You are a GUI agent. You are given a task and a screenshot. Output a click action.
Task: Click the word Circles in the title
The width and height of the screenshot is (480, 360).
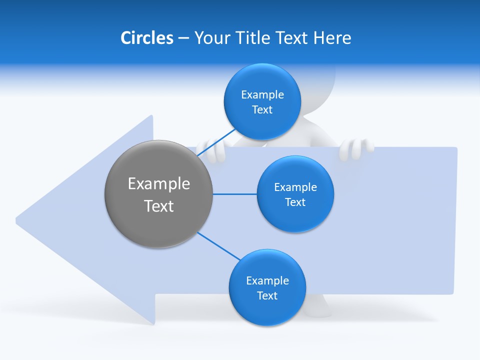146,38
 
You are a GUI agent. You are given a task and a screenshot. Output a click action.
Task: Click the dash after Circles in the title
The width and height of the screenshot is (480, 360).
183,38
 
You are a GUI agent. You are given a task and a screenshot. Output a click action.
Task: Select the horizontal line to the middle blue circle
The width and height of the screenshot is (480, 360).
234,194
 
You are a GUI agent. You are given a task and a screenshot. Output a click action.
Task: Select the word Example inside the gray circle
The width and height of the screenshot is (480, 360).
158,183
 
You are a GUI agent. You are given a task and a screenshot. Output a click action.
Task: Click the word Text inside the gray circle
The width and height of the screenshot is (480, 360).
158,206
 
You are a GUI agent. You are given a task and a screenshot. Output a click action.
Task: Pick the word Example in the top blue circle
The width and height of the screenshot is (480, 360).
262,94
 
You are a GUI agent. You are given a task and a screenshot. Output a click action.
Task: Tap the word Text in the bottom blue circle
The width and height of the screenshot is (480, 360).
267,295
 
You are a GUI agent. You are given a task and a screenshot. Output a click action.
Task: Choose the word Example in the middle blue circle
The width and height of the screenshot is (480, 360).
295,187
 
